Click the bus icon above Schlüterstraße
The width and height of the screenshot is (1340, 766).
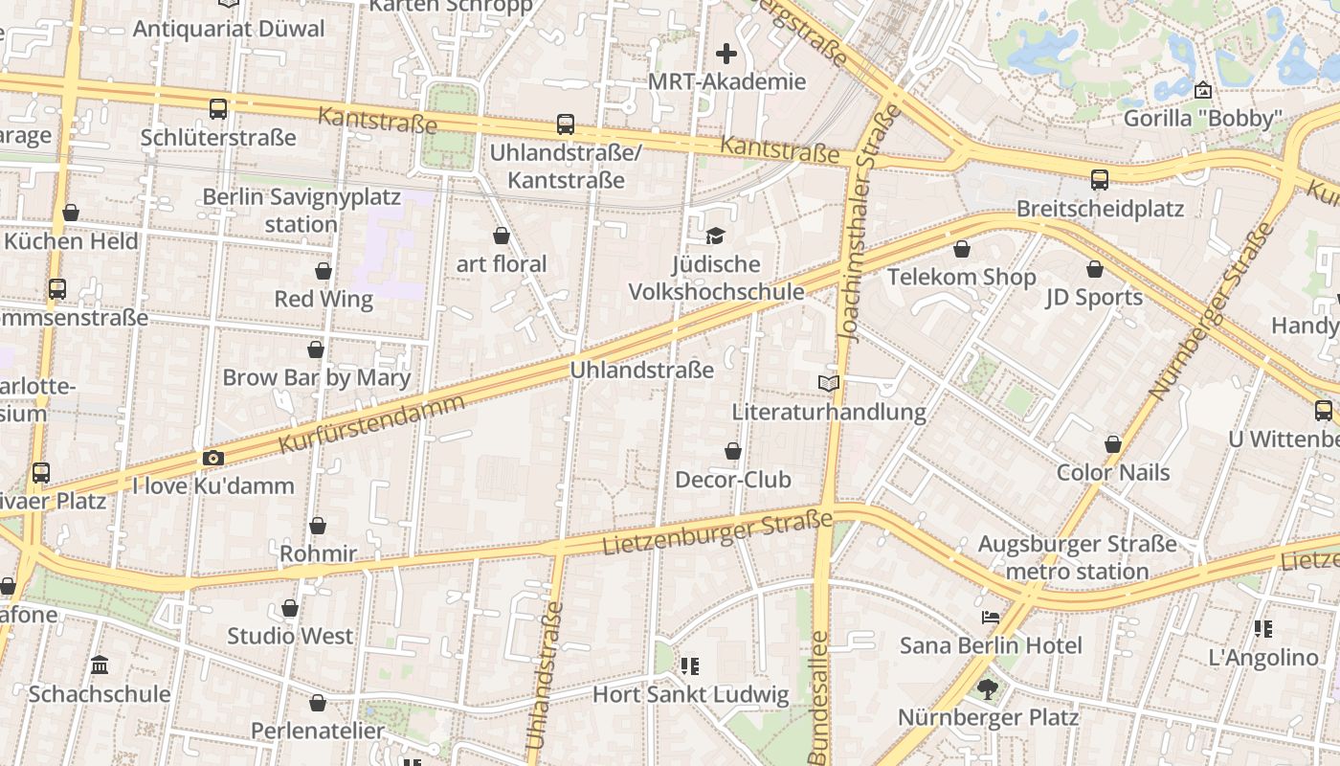[x=218, y=109]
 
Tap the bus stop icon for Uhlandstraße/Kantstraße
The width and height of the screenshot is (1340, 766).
[x=566, y=124]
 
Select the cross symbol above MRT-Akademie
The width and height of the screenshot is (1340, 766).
[x=726, y=54]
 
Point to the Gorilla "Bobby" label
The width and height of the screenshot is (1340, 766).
[x=1202, y=119]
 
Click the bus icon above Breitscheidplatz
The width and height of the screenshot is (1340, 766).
[x=1100, y=180]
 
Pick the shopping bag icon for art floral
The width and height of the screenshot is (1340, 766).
[x=502, y=236]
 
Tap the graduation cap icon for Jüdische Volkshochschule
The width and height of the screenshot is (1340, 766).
[x=715, y=236]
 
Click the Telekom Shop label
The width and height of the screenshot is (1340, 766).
[x=961, y=278]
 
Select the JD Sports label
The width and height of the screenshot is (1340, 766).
[x=1094, y=298]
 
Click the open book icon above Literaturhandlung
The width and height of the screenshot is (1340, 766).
[x=829, y=384]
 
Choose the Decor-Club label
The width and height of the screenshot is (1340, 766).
[x=733, y=480]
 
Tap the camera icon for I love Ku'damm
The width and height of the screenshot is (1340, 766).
[x=213, y=459]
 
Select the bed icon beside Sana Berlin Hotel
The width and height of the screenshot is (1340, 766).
[x=991, y=618]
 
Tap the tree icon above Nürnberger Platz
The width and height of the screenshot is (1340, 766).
[x=988, y=688]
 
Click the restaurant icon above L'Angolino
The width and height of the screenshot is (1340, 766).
[x=1263, y=629]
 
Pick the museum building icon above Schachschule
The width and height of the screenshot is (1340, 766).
[x=100, y=665]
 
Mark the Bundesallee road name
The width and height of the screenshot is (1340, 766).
[x=818, y=696]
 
